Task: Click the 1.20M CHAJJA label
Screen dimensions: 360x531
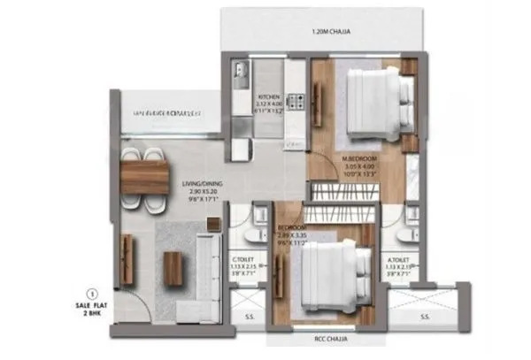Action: (327, 33)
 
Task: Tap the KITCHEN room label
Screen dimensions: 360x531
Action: (268, 96)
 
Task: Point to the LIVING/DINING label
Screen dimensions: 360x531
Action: (202, 185)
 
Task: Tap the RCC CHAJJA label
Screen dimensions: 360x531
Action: (318, 342)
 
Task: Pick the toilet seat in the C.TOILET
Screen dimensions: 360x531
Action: (251, 232)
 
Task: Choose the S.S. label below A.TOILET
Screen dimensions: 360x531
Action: (424, 316)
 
